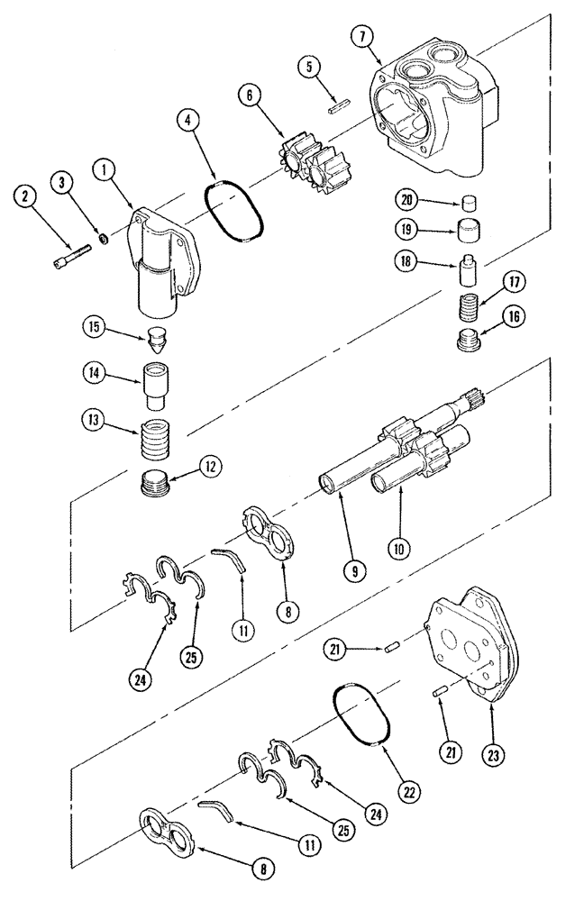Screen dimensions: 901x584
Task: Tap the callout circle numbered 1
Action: pos(105,168)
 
